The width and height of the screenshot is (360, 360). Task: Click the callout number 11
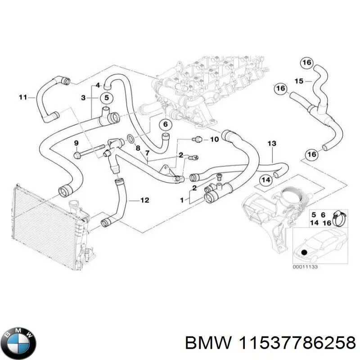23,97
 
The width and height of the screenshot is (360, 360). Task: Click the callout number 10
214,139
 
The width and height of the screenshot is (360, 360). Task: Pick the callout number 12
144,200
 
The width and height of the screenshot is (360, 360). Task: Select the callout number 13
272,144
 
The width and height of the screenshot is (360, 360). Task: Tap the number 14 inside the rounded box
266,180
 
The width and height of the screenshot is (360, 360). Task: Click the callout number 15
299,81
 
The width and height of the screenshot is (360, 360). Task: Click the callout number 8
138,148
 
